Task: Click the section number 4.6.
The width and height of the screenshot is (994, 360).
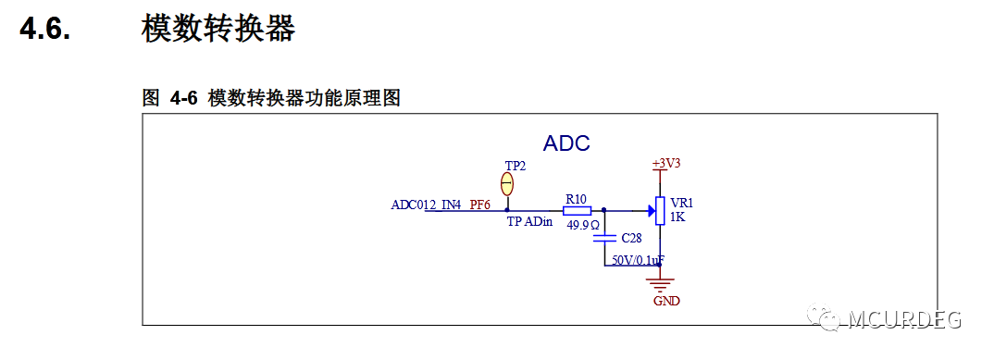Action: click(x=45, y=29)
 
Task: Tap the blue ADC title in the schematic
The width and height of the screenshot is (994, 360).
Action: click(x=566, y=143)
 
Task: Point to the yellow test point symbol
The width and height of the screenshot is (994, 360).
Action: click(x=507, y=183)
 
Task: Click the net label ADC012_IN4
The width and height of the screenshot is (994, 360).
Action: click(x=427, y=205)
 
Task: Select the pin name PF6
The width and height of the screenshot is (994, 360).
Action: click(x=479, y=205)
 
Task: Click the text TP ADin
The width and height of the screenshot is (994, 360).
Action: click(x=528, y=222)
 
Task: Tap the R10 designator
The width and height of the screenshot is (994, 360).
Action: click(x=576, y=198)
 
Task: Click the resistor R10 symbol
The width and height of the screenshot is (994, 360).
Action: click(x=577, y=210)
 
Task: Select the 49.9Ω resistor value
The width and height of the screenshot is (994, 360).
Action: click(x=583, y=224)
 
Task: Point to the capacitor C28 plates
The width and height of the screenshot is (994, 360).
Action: click(x=603, y=238)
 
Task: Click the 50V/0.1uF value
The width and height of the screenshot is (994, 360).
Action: click(x=638, y=262)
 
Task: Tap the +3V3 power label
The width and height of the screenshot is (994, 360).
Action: click(x=666, y=163)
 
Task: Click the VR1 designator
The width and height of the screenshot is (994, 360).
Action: click(x=681, y=203)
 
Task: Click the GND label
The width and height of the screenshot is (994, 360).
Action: click(x=666, y=301)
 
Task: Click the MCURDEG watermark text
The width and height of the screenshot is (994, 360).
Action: click(x=905, y=319)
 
